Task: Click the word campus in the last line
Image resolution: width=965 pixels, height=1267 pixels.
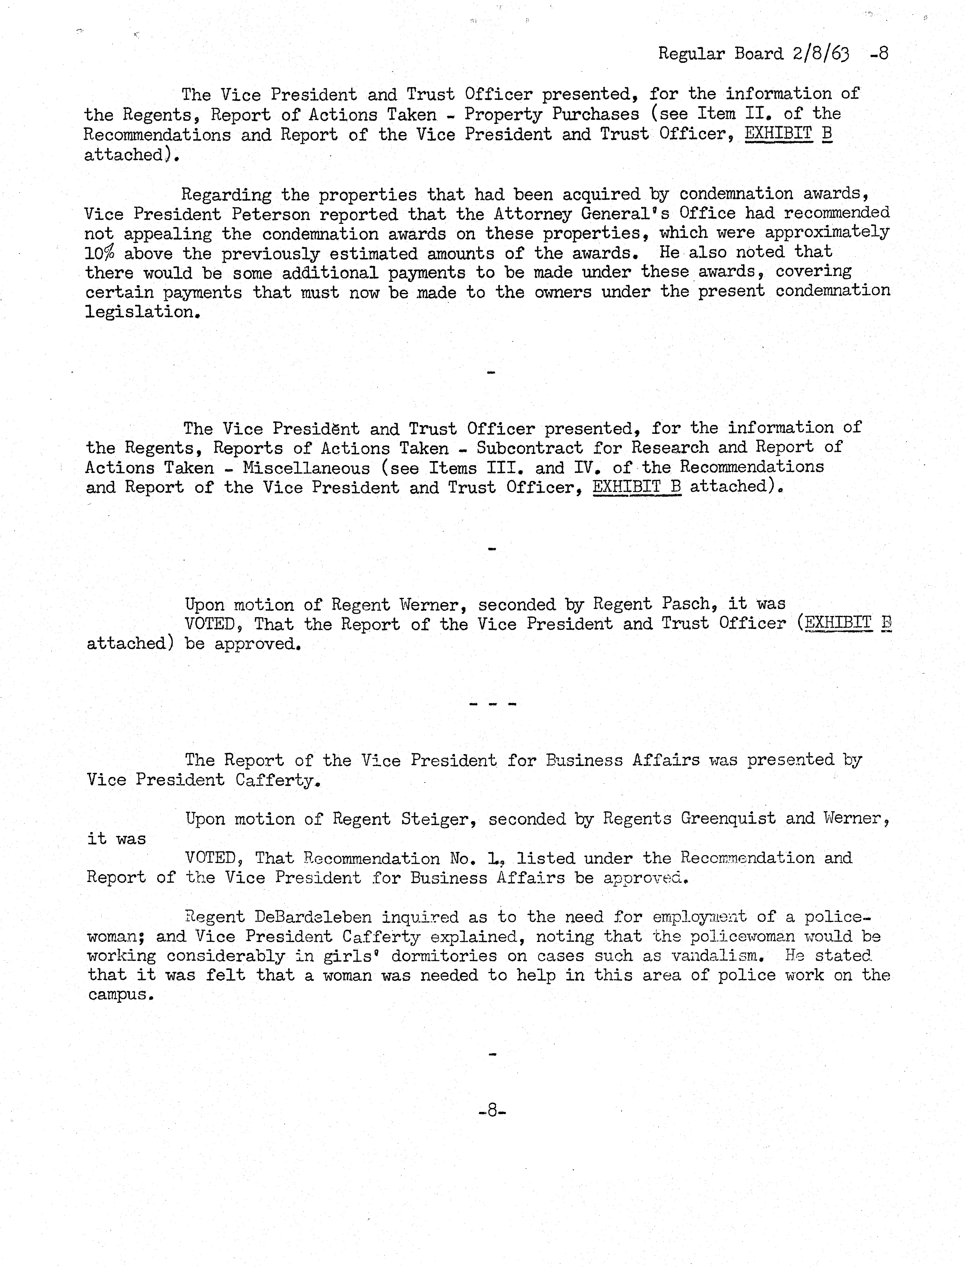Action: click(121, 995)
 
